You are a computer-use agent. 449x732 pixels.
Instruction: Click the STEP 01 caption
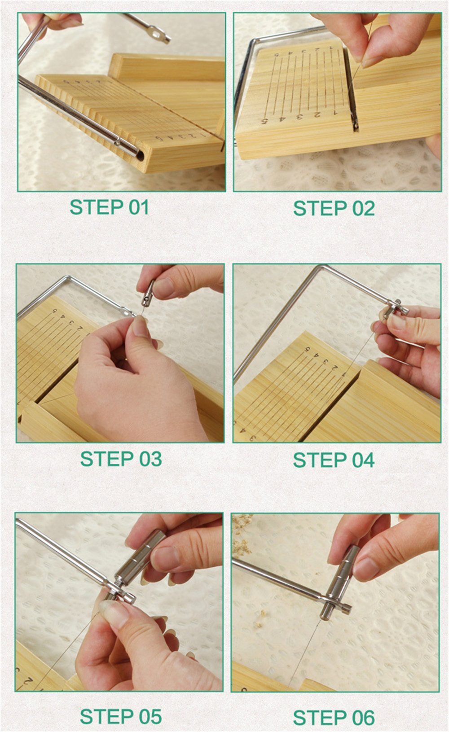110,207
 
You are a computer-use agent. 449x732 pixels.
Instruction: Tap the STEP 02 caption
334,208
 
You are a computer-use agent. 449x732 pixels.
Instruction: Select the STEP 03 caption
121,459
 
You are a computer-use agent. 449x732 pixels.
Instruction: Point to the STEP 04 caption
334,460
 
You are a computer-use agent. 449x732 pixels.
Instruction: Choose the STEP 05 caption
121,717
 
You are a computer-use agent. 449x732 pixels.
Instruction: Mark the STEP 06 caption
334,718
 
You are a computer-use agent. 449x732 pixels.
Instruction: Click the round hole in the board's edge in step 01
140,156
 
